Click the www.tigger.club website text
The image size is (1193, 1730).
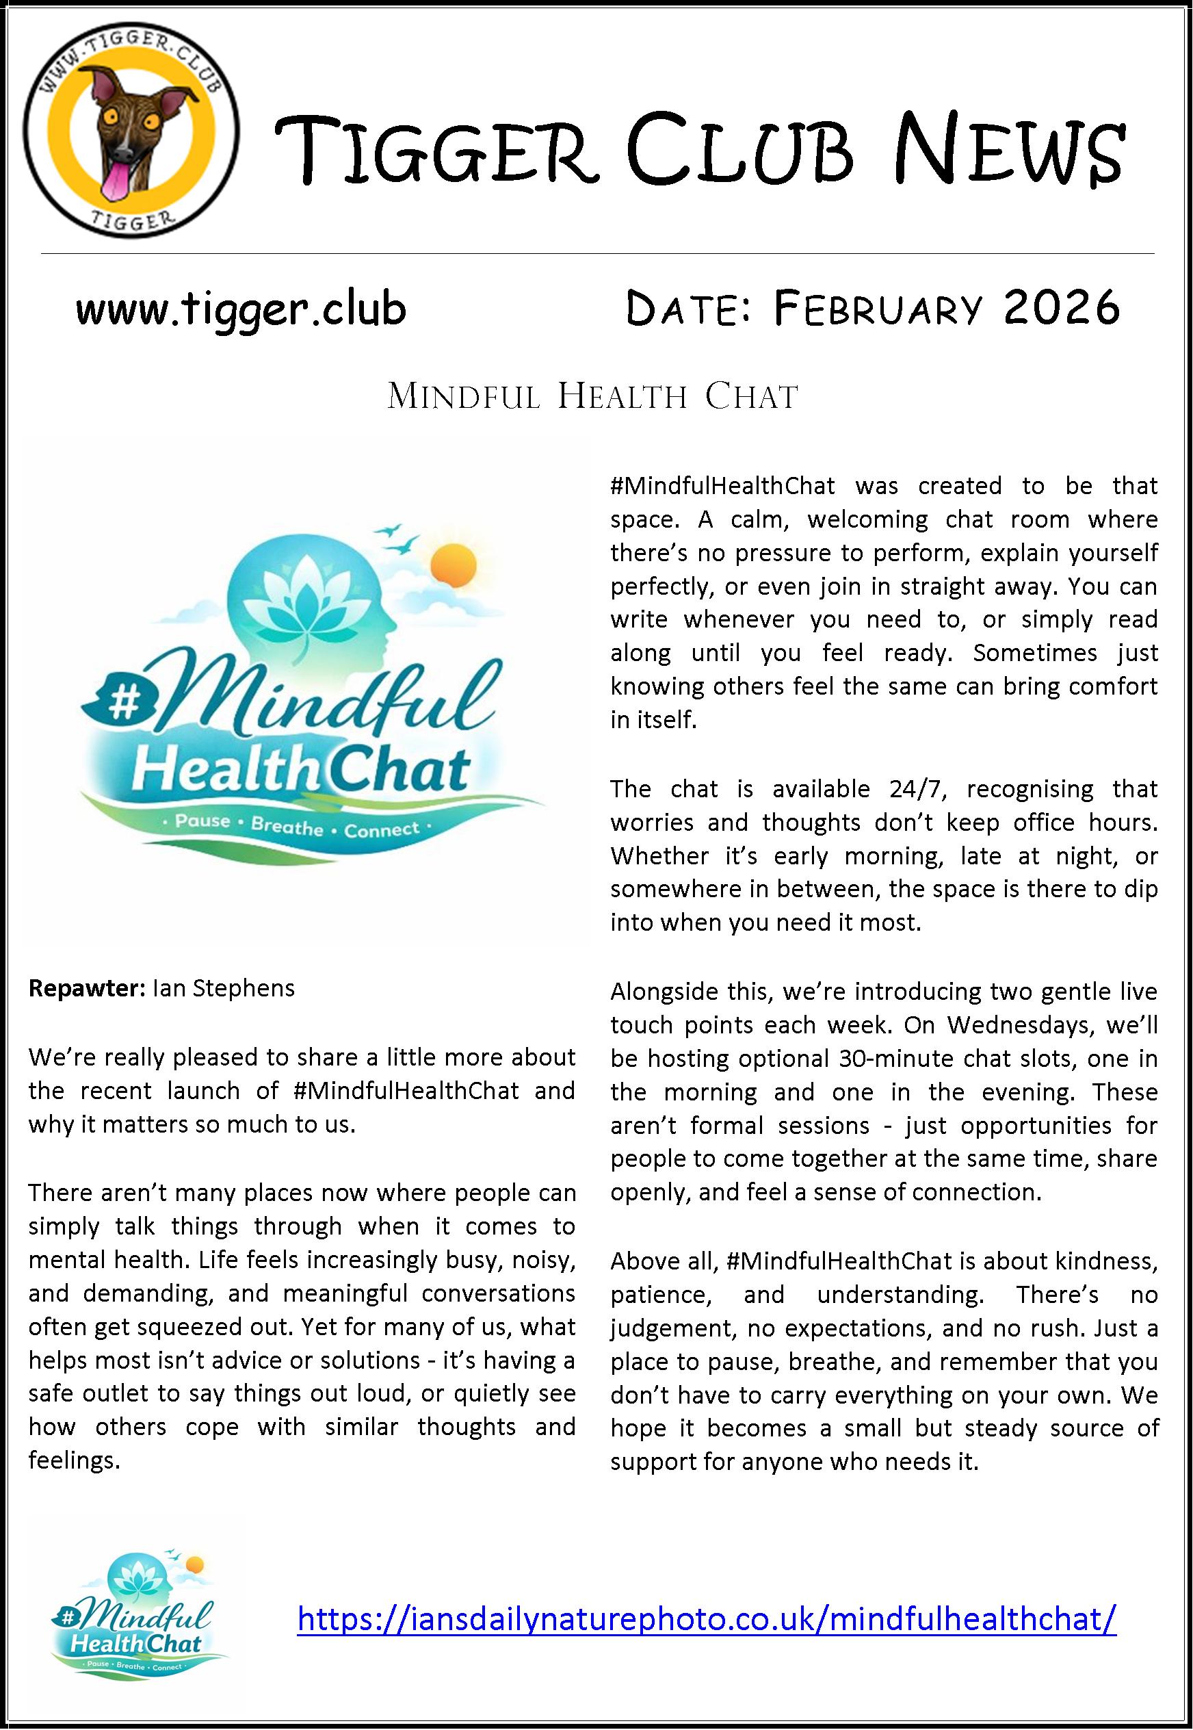click(241, 308)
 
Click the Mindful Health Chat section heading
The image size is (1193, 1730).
click(593, 396)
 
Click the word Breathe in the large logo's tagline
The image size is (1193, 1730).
click(287, 827)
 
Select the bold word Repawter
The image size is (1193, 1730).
click(86, 988)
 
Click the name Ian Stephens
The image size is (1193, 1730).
click(224, 988)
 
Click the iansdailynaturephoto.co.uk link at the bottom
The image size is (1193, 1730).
click(707, 1618)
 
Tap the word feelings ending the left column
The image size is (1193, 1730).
click(73, 1460)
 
